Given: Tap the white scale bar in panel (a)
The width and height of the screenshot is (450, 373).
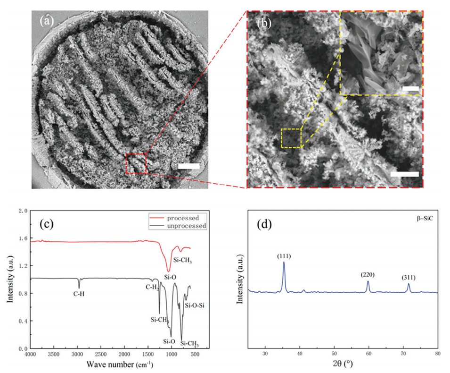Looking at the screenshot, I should [x=189, y=166].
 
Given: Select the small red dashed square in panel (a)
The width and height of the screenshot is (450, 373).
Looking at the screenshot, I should [x=136, y=163].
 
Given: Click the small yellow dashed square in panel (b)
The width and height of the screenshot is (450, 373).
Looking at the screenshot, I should [x=291, y=138].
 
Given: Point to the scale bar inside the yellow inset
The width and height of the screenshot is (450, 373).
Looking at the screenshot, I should [x=411, y=88].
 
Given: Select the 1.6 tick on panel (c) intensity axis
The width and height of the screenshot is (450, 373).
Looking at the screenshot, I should [x=24, y=238].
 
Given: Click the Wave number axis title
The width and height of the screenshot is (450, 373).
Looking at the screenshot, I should [x=120, y=365].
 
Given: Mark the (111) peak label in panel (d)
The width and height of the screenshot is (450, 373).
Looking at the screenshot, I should [x=284, y=256].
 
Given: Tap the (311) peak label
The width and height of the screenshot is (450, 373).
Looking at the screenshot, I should [x=409, y=278].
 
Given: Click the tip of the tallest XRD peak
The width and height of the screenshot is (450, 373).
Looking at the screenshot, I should [x=284, y=263].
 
